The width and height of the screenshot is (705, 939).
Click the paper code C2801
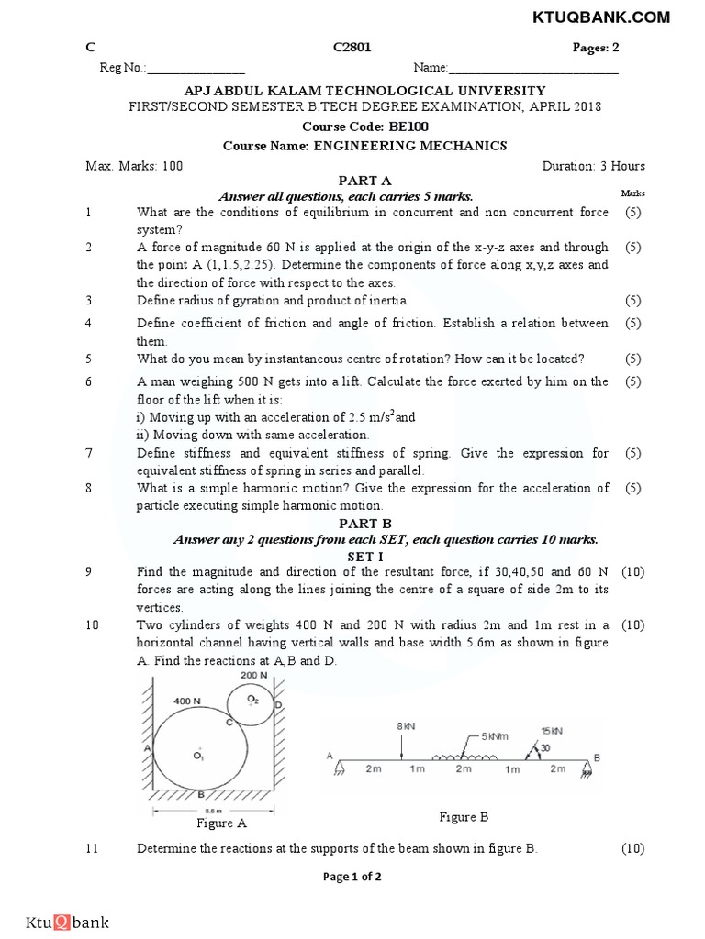coord(352,47)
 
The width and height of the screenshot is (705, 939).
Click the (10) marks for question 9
coord(632,572)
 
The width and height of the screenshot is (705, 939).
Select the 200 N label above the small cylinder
coord(253,675)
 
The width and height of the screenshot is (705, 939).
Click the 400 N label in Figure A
coord(188,701)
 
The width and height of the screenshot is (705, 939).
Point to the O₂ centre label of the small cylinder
coord(254,699)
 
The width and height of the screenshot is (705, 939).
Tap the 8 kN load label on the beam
coord(406,725)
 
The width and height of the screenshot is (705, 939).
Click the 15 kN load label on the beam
coord(552,730)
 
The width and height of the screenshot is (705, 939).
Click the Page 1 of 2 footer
coord(352,877)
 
